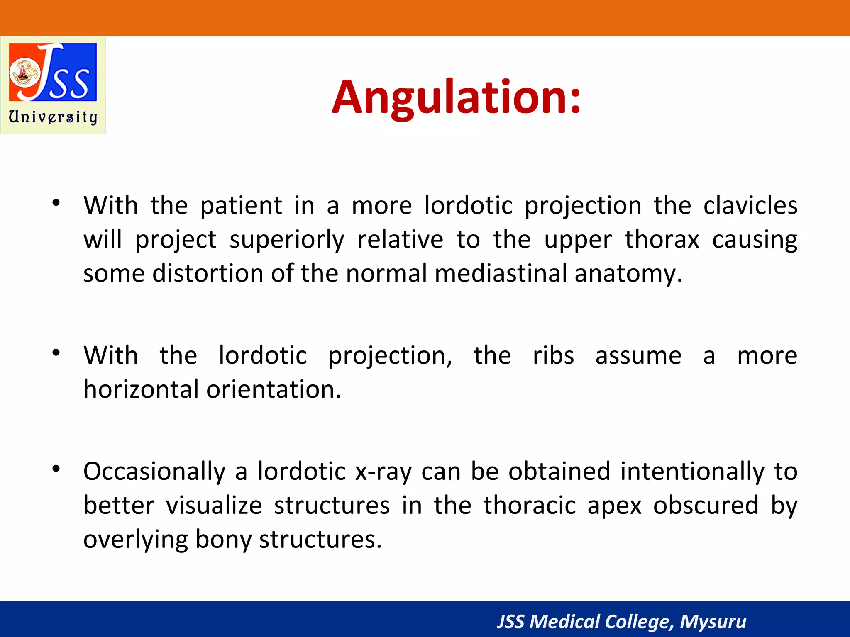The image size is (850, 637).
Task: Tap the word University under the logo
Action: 53,117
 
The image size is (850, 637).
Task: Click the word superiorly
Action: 287,240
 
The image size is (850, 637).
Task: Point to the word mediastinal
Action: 501,274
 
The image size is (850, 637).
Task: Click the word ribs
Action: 553,356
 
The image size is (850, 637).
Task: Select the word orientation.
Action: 274,389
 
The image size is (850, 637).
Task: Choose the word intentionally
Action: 692,472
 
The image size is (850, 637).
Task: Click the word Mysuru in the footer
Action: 713,622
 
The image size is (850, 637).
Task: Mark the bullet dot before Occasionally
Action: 56,469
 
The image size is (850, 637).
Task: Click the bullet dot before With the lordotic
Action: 56,353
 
